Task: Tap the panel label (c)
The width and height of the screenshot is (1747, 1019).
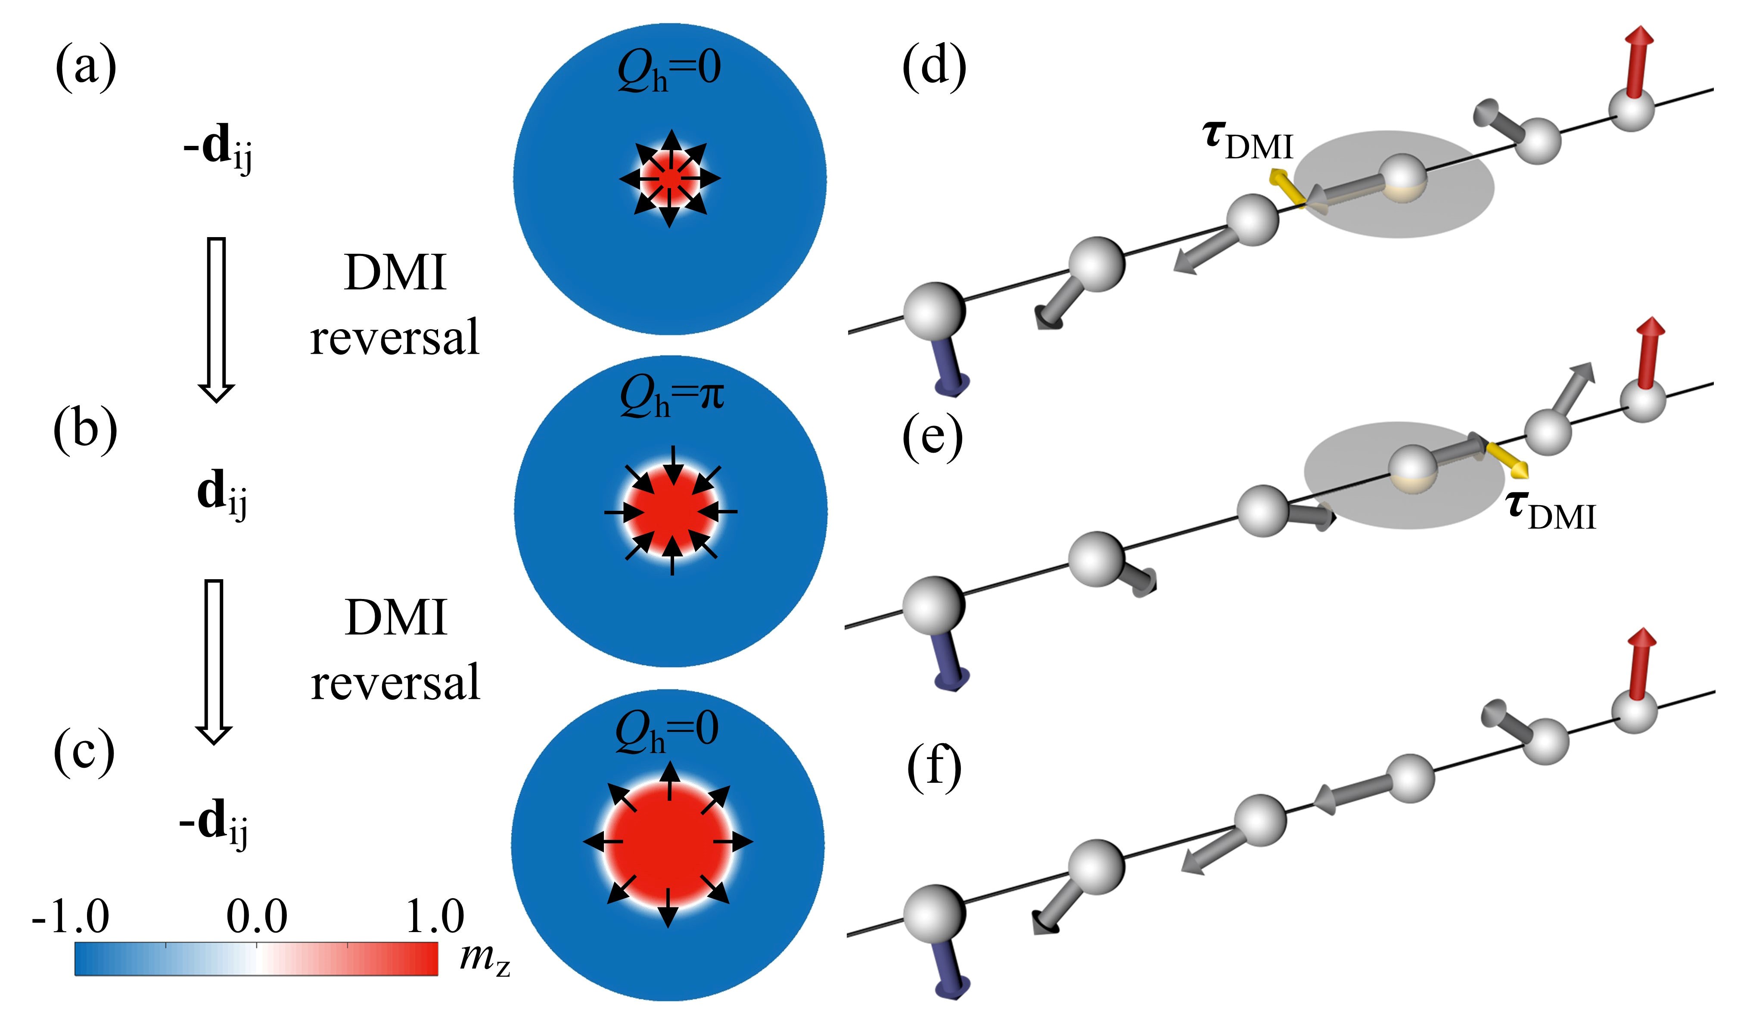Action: click(x=84, y=753)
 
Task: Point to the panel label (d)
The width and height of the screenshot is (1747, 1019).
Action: click(x=934, y=69)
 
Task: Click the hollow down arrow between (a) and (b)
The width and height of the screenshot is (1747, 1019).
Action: click(x=217, y=319)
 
